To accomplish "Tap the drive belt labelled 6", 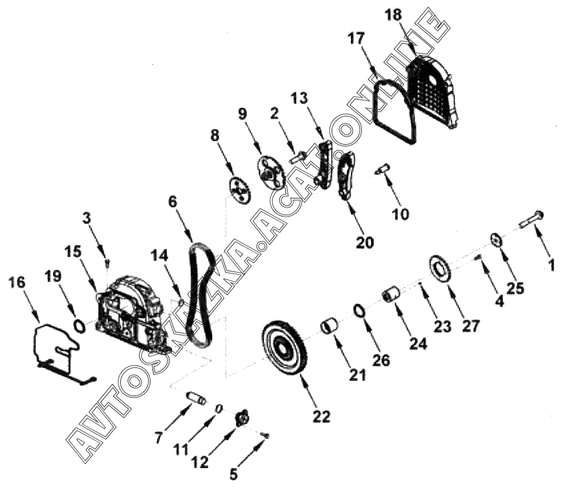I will click(x=200, y=297).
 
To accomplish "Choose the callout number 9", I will click(x=242, y=114).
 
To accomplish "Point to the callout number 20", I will click(x=365, y=244).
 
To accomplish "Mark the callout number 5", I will click(x=233, y=475).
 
